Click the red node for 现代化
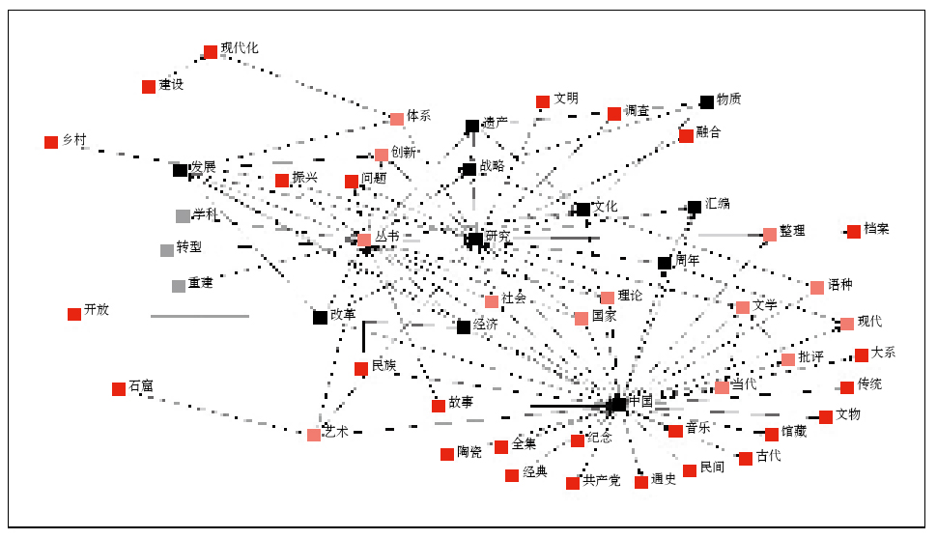[211, 52]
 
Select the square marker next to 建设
[149, 87]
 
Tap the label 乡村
[74, 140]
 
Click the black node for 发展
[181, 171]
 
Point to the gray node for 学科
[183, 216]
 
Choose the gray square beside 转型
[167, 251]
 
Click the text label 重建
[201, 283]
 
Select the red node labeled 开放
[74, 314]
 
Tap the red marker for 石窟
[119, 389]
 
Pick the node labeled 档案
[854, 232]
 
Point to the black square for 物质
[707, 102]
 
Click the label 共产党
[602, 480]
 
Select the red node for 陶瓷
[447, 455]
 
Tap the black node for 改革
[320, 318]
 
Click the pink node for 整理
[770, 235]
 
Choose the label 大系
[884, 353]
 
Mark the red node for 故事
[439, 406]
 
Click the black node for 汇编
[695, 207]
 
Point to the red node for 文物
[826, 417]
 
